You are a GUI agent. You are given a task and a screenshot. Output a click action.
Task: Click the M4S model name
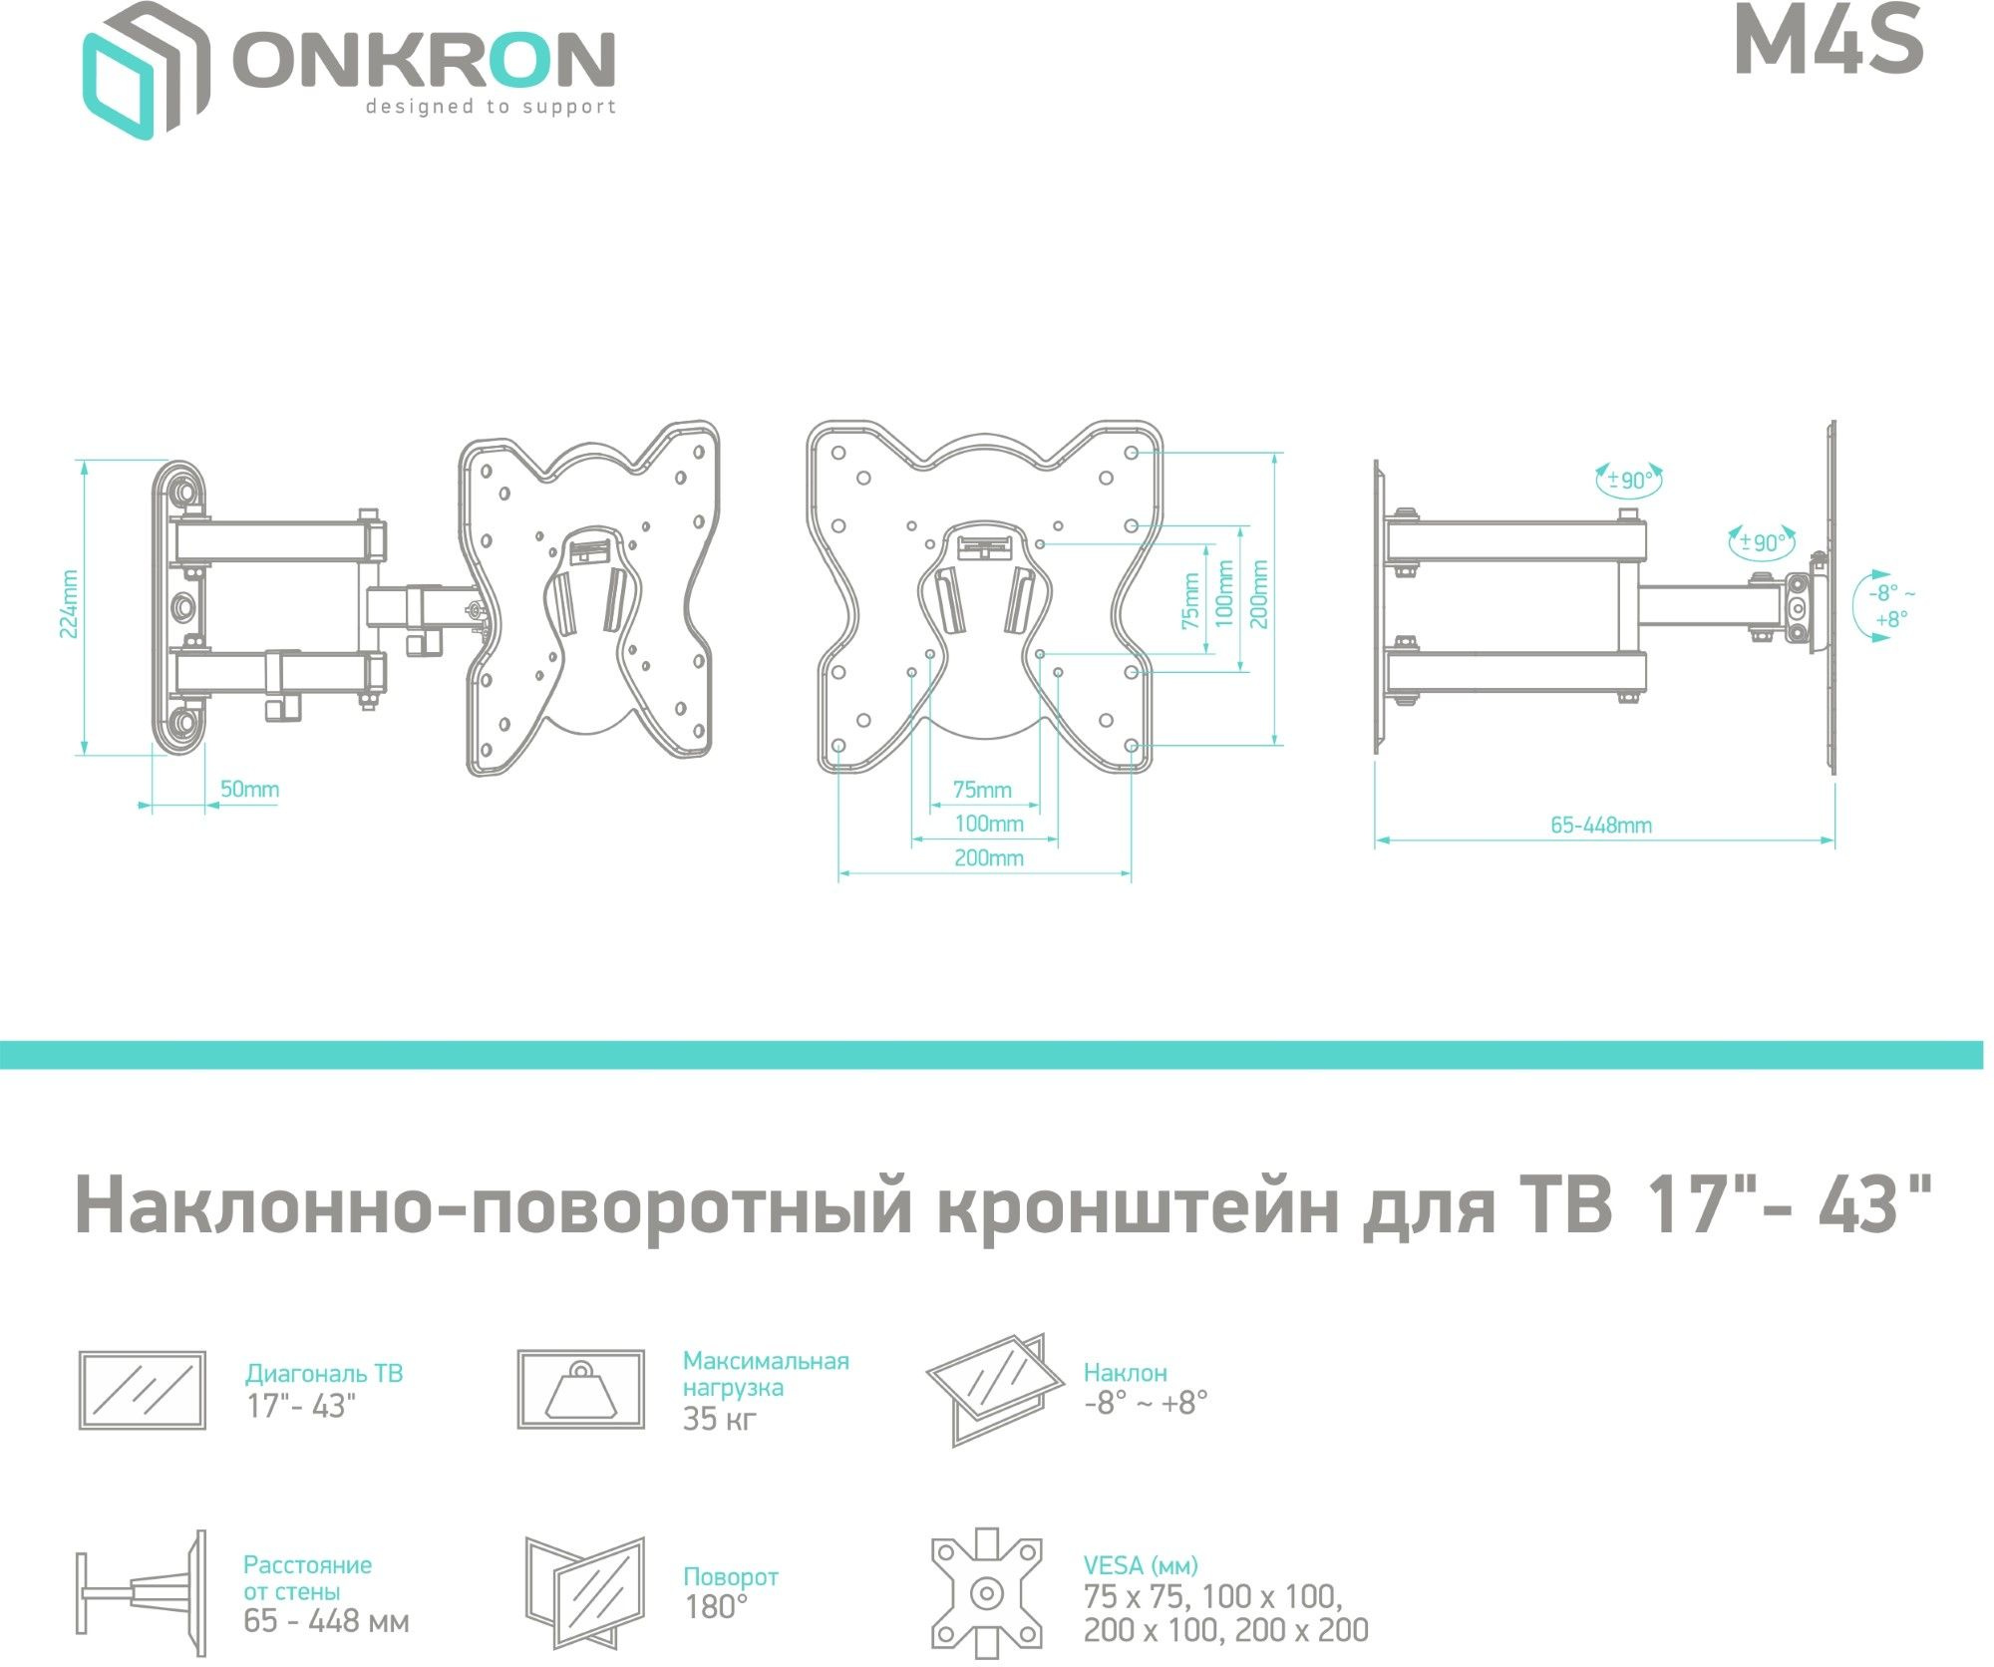(1828, 43)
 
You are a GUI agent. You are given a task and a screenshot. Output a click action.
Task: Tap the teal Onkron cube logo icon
(147, 70)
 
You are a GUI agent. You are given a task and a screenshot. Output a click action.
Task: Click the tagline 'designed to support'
(491, 107)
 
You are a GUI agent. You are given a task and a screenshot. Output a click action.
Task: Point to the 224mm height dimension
(69, 605)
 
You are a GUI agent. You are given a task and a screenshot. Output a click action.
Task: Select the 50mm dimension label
(249, 789)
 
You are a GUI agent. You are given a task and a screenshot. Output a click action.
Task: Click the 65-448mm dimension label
(1601, 825)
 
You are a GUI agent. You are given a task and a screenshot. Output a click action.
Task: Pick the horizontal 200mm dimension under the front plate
(989, 857)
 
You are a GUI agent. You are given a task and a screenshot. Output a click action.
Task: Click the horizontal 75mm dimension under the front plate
(982, 790)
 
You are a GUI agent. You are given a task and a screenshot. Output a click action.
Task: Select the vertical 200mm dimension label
(1259, 594)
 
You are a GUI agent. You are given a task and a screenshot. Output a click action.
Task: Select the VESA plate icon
(987, 1593)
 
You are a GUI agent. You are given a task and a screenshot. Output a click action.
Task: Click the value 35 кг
(720, 1419)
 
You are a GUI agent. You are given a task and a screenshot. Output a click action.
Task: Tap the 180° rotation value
(716, 1607)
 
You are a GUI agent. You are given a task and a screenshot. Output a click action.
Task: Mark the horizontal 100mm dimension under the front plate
(989, 824)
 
